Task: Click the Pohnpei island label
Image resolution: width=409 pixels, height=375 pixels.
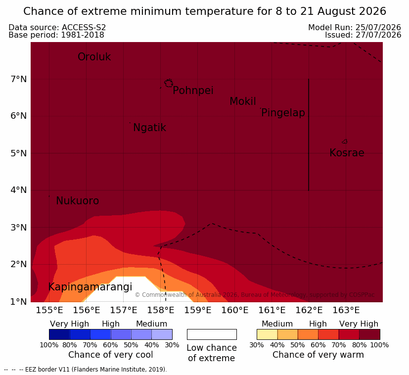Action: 193,91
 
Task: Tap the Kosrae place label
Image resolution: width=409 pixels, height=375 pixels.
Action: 347,153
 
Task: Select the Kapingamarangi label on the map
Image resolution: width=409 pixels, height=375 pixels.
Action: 90,287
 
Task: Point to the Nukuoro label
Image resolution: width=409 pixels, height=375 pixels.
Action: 78,201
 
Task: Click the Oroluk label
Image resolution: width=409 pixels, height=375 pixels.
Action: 94,56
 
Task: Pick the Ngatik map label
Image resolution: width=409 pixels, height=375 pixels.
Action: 149,128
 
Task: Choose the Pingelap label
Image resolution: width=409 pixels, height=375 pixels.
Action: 283,113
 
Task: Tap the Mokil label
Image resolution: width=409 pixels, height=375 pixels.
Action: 243,101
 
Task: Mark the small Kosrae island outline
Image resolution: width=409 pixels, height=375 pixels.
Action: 345,141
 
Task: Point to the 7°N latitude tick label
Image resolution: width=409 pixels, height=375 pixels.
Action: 19,79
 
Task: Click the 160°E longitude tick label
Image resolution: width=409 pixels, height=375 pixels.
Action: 235,310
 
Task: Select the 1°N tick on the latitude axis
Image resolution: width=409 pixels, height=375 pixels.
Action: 19,302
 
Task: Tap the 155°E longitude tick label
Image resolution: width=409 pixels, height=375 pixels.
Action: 49,310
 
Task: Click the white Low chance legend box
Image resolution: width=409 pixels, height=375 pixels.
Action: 212,334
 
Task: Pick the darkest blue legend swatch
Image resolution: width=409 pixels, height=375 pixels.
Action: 59,334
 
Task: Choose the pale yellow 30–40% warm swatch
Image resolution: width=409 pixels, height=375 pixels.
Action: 267,334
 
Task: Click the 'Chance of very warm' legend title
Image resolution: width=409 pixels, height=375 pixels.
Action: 318,355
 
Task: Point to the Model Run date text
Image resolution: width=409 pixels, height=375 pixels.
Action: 355,27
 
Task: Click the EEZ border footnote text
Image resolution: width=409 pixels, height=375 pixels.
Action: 85,370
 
